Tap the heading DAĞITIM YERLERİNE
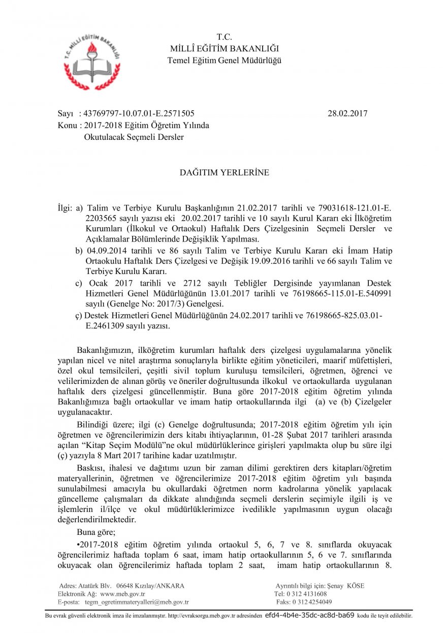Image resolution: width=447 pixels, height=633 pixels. point(224,173)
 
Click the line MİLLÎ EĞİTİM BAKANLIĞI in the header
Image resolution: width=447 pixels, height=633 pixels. point(224,49)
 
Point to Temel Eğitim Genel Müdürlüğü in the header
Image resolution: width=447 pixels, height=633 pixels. point(224,61)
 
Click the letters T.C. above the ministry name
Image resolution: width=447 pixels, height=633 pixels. point(224,37)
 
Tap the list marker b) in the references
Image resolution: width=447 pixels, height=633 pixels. point(79,251)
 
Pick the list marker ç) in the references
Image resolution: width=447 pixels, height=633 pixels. point(79,315)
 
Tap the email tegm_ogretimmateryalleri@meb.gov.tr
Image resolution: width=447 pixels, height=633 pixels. point(137,602)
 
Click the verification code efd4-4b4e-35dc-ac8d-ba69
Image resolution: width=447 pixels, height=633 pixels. point(310,615)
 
